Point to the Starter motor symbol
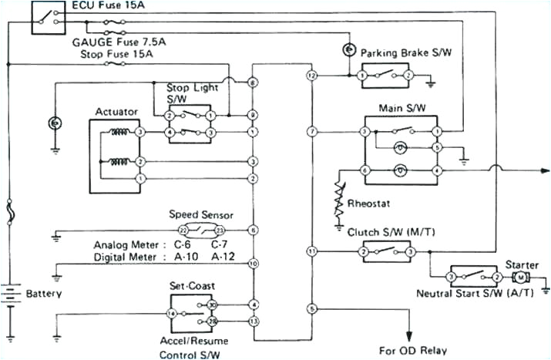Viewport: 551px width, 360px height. click(x=520, y=277)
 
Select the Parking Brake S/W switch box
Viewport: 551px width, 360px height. click(x=385, y=76)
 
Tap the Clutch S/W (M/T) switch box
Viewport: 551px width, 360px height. click(x=386, y=252)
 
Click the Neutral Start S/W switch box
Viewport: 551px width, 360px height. click(x=473, y=277)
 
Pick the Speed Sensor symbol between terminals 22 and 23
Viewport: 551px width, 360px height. click(x=201, y=230)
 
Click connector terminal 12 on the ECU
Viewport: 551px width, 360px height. click(x=311, y=76)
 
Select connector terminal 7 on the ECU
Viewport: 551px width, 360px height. click(x=311, y=133)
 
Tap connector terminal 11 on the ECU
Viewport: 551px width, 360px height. click(x=311, y=252)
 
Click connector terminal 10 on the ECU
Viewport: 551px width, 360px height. click(x=253, y=264)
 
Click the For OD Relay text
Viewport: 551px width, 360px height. click(x=412, y=349)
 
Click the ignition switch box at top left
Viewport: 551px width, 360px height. click(x=48, y=17)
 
